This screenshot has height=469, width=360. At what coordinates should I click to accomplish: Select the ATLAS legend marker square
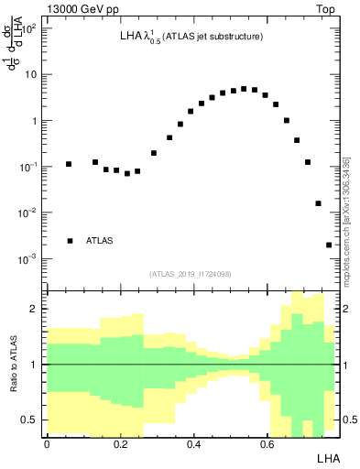coord(70,241)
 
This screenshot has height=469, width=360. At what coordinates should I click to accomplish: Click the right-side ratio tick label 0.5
coord(348,420)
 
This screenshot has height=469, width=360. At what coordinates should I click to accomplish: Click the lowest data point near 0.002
coord(329,245)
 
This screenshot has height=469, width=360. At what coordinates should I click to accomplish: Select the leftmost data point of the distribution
coord(69,164)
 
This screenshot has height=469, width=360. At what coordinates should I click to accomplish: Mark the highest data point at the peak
coord(244,89)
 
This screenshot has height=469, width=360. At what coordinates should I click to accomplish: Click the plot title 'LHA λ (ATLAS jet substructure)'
coord(191,37)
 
